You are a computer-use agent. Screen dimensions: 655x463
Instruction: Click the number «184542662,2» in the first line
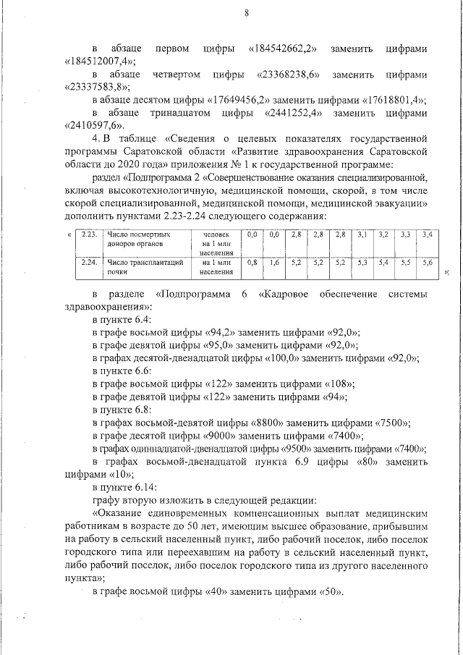286,48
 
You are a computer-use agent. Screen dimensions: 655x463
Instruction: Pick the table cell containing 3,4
428,235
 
